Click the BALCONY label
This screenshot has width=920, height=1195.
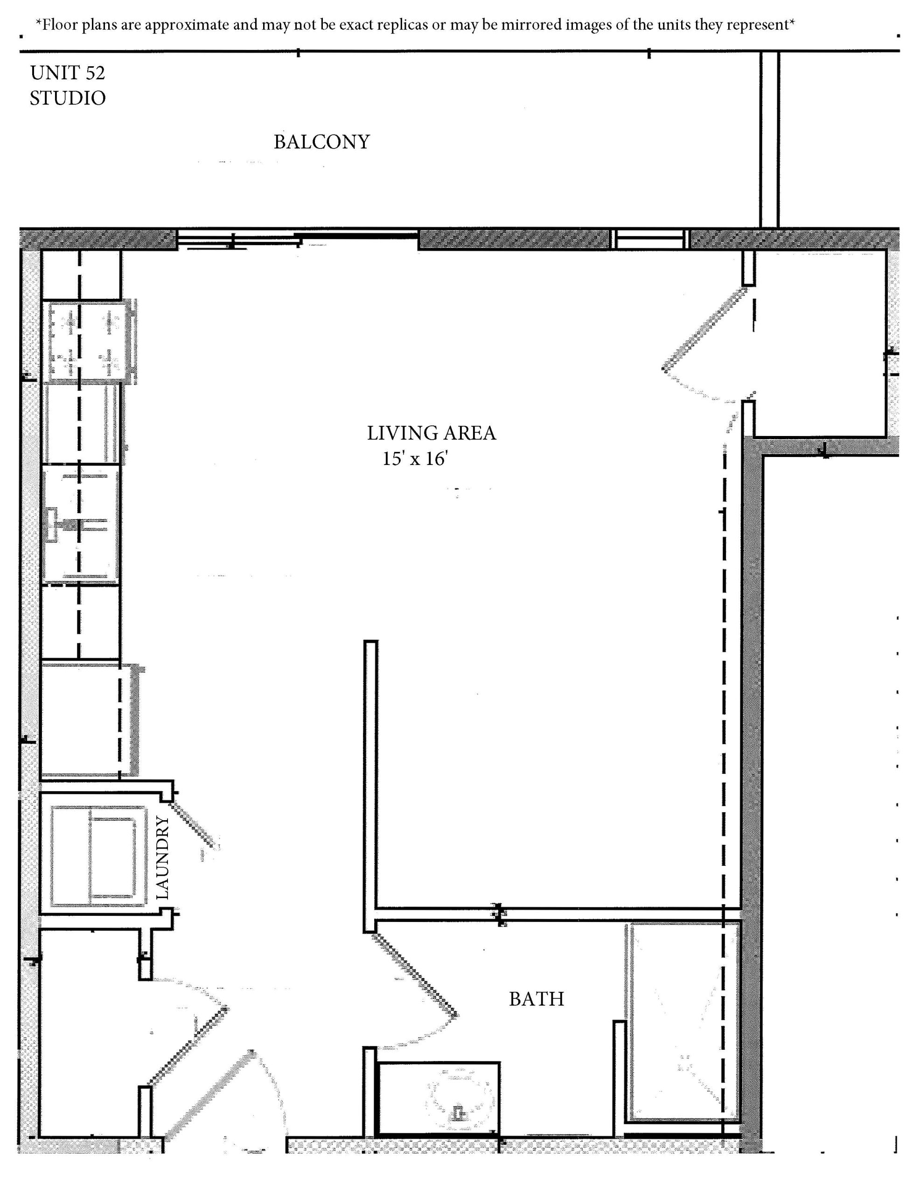coord(321,142)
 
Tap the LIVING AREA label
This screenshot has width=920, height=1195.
coord(431,433)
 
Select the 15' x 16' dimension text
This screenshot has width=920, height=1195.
coord(415,458)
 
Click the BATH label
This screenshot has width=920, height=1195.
coord(536,999)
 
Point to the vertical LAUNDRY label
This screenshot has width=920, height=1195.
coord(162,858)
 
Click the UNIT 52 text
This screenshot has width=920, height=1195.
coord(67,73)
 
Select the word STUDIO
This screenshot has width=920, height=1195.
coord(67,98)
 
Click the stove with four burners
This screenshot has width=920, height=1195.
coord(90,340)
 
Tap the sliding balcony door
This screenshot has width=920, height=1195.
coord(298,239)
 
